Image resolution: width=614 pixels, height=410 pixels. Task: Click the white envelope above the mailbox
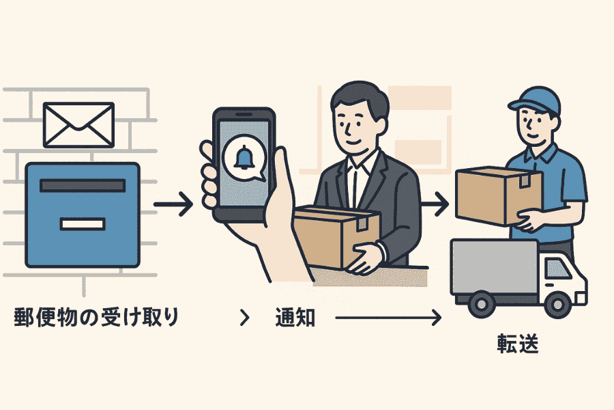[x=78, y=125]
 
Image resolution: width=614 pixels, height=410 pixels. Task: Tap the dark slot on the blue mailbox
[x=83, y=185]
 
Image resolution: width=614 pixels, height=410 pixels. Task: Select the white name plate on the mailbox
[x=83, y=223]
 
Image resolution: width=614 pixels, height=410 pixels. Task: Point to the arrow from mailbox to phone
[x=174, y=204]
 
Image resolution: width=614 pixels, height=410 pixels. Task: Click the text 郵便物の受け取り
[x=96, y=318]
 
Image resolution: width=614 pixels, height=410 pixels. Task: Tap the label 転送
[x=518, y=343]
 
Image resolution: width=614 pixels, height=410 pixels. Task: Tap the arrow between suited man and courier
[x=435, y=203]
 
